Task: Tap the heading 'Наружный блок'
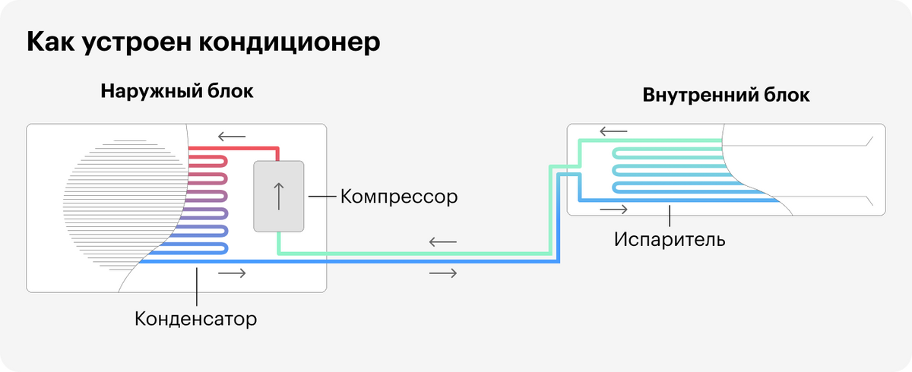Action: (176, 93)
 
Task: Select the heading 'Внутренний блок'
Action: (726, 96)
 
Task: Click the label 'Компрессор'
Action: (399, 197)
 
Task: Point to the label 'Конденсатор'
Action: (196, 317)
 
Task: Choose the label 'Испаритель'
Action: (670, 240)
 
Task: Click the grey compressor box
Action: (278, 196)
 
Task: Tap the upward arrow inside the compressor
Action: (278, 196)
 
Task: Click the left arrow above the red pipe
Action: (231, 137)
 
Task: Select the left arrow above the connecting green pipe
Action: (442, 243)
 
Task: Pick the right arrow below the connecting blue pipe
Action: (443, 273)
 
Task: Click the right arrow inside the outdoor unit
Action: (232, 272)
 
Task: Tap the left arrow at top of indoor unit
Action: (613, 131)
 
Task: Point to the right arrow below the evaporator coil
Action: (614, 209)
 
